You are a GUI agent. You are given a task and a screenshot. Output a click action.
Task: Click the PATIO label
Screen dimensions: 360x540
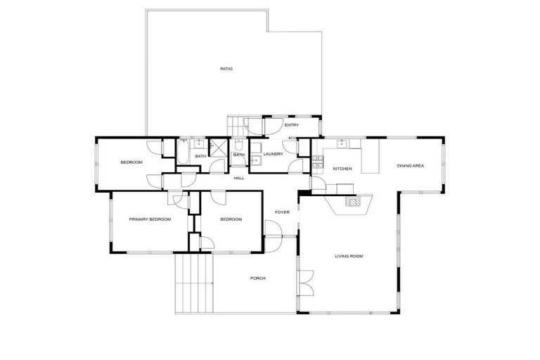pyautogui.click(x=226, y=69)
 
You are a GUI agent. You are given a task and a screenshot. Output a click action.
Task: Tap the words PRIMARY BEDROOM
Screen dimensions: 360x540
pyautogui.click(x=150, y=219)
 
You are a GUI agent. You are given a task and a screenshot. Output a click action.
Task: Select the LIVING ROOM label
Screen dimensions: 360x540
pyautogui.click(x=349, y=256)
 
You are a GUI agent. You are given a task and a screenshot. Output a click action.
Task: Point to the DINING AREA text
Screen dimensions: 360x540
pyautogui.click(x=410, y=166)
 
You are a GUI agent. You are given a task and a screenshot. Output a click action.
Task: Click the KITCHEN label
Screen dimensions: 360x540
pyautogui.click(x=342, y=169)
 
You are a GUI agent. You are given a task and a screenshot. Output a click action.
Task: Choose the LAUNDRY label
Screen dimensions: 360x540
pyautogui.click(x=273, y=154)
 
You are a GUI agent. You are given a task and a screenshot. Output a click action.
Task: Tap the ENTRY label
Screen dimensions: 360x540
pyautogui.click(x=292, y=125)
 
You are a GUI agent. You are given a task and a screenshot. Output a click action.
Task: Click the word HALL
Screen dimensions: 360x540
pyautogui.click(x=239, y=178)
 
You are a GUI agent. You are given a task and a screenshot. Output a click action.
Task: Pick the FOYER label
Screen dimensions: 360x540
pyautogui.click(x=282, y=212)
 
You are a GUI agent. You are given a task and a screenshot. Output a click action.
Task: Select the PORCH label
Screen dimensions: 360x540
pyautogui.click(x=258, y=278)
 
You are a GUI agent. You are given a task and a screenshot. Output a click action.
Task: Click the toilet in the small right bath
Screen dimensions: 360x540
pyautogui.click(x=238, y=147)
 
